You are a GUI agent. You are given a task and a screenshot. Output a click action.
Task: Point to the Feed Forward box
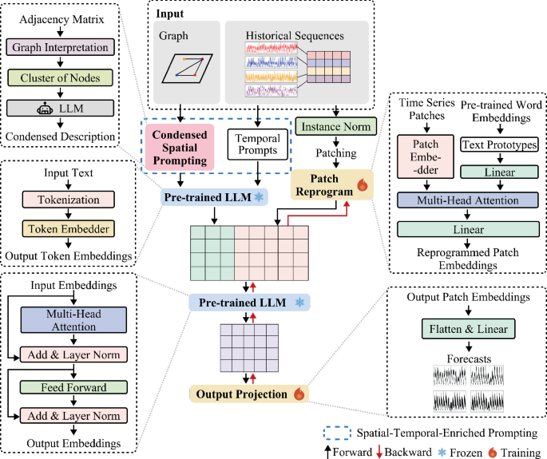73,387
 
